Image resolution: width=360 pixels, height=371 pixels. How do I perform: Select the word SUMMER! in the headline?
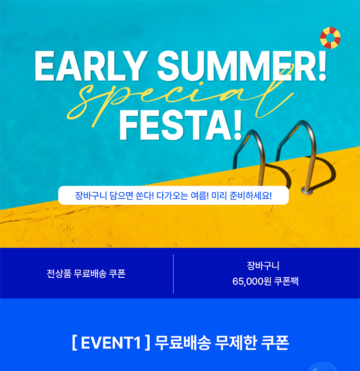tap(242, 66)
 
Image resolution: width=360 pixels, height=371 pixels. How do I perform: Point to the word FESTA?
tap(180, 125)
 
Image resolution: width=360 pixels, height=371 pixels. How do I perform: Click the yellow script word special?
tap(180, 99)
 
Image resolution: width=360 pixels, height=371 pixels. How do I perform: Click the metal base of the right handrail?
tap(307, 190)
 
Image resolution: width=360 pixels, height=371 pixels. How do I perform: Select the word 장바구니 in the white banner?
tap(91, 196)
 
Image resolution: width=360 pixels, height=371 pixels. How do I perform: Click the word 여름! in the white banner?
tap(200, 196)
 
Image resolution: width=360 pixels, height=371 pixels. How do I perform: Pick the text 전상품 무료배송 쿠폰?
tap(86, 274)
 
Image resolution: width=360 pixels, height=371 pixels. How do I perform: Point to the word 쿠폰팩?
tap(286, 282)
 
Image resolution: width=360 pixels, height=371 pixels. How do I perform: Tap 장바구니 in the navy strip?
tap(263, 266)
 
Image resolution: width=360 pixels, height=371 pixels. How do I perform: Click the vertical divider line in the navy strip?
tap(173, 274)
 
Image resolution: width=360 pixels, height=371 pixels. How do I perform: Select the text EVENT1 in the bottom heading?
tap(111, 343)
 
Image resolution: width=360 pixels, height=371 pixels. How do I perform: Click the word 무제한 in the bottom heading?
tap(235, 343)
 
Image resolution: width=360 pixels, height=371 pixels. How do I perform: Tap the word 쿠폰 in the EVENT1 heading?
tap(275, 343)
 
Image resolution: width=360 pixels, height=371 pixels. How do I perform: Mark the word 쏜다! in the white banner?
tap(144, 196)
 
